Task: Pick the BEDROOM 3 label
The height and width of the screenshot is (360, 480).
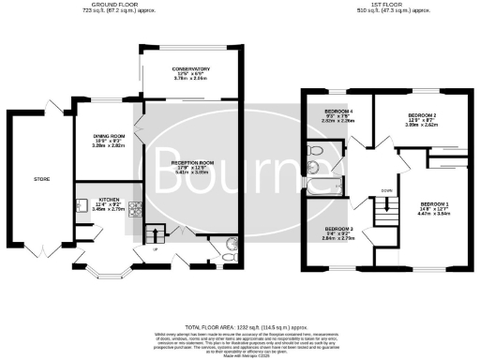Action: point(338,230)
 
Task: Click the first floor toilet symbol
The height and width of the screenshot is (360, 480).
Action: point(316,150)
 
